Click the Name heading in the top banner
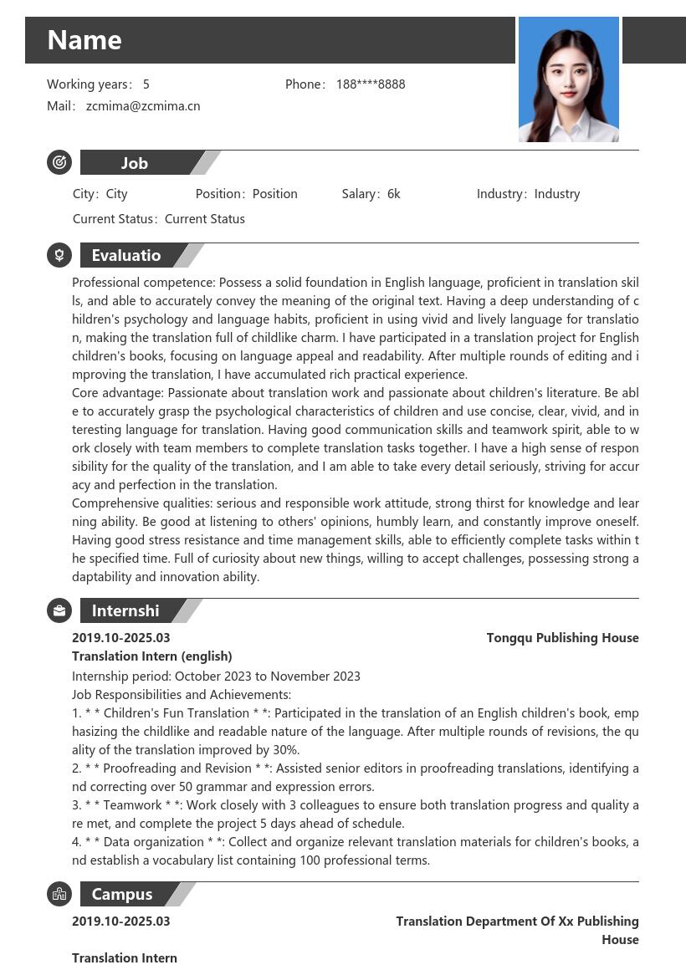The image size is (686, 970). tap(84, 40)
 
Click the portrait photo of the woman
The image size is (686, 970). tap(568, 79)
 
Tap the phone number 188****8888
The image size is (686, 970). tap(371, 84)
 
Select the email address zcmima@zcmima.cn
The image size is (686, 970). tap(143, 106)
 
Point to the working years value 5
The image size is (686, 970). tap(146, 84)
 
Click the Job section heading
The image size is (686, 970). tap(135, 163)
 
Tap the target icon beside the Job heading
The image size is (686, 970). tap(59, 162)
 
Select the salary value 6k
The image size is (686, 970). tap(394, 194)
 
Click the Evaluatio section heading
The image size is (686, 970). tap(126, 255)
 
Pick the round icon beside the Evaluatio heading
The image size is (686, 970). tap(59, 255)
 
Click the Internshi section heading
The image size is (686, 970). tap(125, 610)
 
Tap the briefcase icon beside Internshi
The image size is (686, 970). tap(59, 610)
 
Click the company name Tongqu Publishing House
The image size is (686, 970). tap(562, 638)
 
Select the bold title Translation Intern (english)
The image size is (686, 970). tap(152, 656)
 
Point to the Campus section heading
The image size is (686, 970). tap(122, 894)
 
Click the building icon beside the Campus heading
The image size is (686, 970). tap(59, 894)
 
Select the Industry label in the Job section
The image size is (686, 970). tap(500, 194)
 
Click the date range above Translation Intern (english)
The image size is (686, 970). tap(121, 638)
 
